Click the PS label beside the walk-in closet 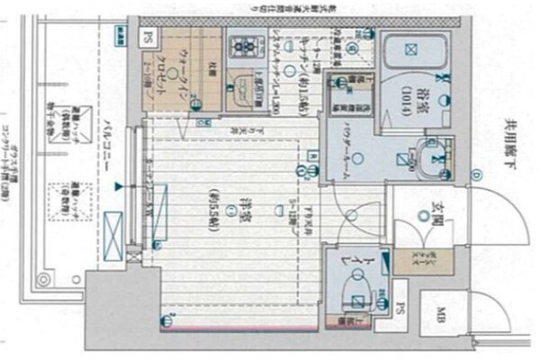(x=148, y=38)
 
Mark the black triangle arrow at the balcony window (x=117, y=187)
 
